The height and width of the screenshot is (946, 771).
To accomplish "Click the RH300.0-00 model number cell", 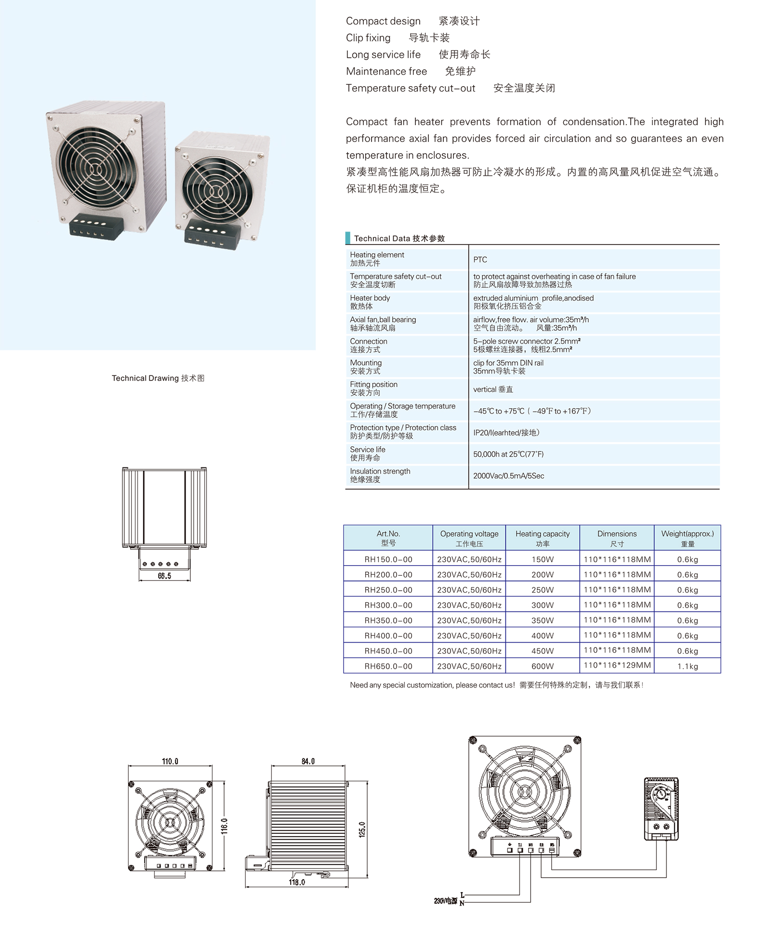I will (x=388, y=605).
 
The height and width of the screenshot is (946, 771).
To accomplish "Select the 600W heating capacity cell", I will (x=542, y=666).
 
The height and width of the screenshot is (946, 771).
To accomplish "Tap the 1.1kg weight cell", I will (x=687, y=666).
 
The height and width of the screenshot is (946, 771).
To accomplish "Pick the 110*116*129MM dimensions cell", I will (x=617, y=666).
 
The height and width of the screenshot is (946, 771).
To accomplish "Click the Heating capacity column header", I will (x=542, y=538).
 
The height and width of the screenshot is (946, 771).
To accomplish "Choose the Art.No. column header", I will (x=388, y=538).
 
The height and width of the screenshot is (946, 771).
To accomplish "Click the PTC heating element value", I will (x=480, y=259).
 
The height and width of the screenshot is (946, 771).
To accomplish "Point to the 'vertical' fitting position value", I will (x=492, y=389).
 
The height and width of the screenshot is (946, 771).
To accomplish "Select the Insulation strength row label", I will (x=380, y=475).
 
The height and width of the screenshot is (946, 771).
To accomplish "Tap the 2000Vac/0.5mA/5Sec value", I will (x=508, y=476).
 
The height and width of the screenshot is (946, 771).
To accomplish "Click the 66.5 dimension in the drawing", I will (x=164, y=576).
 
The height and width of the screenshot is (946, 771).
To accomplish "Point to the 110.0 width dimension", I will (x=170, y=761).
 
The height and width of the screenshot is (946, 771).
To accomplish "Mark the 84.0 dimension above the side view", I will (x=308, y=761).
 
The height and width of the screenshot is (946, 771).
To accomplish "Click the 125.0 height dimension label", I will (x=362, y=829).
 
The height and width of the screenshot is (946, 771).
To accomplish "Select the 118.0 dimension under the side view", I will (x=297, y=882).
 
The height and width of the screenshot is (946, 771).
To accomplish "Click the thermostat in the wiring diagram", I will (x=661, y=809).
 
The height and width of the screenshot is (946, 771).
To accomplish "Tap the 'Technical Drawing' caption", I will (x=158, y=378).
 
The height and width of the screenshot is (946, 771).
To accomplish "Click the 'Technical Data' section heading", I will (x=399, y=238).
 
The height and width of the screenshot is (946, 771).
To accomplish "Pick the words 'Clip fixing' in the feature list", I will (x=368, y=38).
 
